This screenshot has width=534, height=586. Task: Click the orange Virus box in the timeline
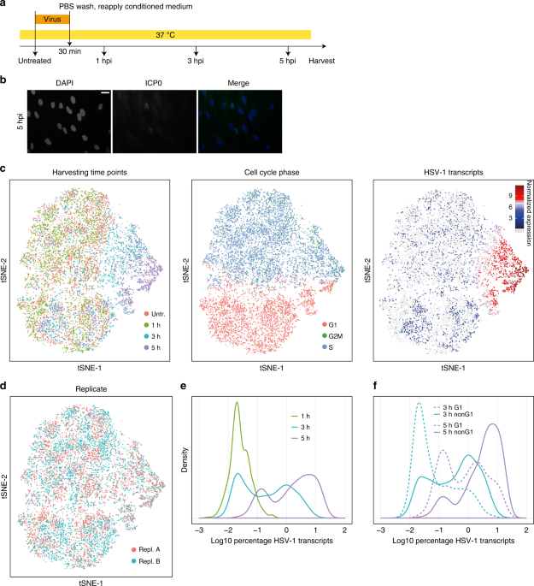coord(51,17)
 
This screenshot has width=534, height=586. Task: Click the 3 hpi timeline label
coord(197,61)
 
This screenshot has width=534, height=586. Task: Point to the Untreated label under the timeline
coord(35,61)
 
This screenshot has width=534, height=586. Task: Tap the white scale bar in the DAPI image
coord(100,93)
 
